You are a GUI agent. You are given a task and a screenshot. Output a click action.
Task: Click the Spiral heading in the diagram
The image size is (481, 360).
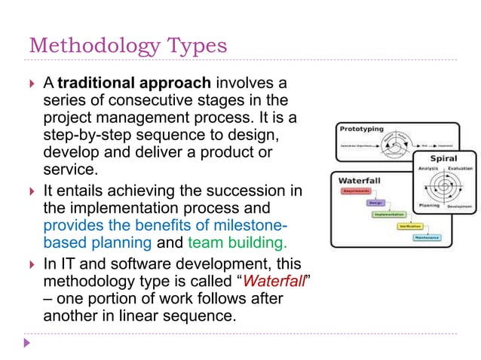click(x=442, y=159)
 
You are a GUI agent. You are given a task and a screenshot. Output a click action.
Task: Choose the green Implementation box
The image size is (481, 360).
click(x=393, y=214)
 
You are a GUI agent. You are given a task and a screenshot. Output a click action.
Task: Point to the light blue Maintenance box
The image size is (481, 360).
click(x=426, y=236)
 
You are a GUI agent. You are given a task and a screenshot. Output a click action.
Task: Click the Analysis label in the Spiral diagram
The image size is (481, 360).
click(x=427, y=169)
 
